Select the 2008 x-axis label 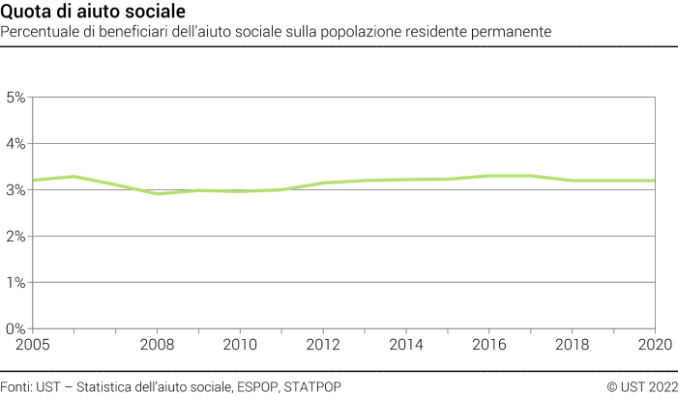click(x=157, y=344)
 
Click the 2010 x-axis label click(x=240, y=344)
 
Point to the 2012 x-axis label click(x=323, y=344)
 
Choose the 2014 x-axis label click(x=406, y=344)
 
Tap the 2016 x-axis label click(x=489, y=344)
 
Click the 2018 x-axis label click(x=573, y=344)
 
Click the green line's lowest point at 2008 click(x=157, y=194)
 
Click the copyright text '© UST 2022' click(x=641, y=386)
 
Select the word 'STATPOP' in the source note click(x=312, y=386)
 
